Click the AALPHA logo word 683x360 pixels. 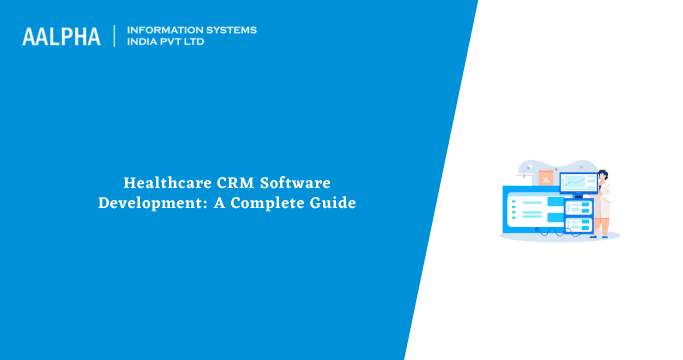click(61, 36)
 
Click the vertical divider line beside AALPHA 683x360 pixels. click(115, 36)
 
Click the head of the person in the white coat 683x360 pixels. click(602, 175)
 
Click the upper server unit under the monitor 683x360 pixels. click(579, 208)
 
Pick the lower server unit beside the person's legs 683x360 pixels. click(579, 225)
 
